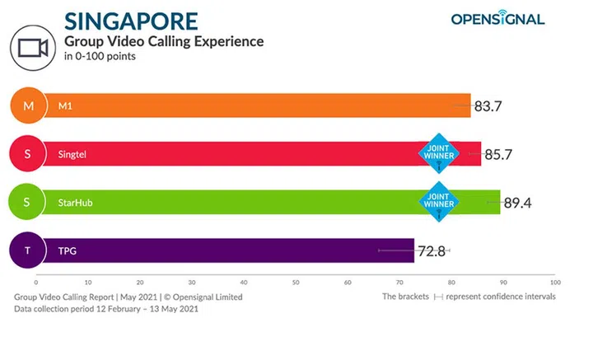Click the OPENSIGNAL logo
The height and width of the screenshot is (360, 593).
click(x=497, y=18)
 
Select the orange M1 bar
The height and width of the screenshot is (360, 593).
click(x=247, y=105)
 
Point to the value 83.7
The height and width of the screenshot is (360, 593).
click(x=490, y=105)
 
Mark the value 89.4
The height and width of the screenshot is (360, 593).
click(x=519, y=201)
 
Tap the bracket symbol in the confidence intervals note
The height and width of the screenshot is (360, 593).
click(x=439, y=297)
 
